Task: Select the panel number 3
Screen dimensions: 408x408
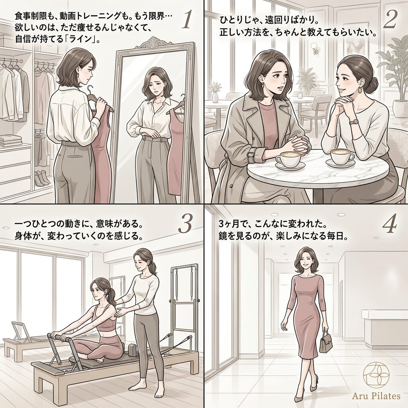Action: [185, 224]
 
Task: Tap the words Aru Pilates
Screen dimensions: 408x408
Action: [376, 396]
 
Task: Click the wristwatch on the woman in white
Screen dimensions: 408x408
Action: [354, 122]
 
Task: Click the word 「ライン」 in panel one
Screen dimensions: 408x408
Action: [82, 39]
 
